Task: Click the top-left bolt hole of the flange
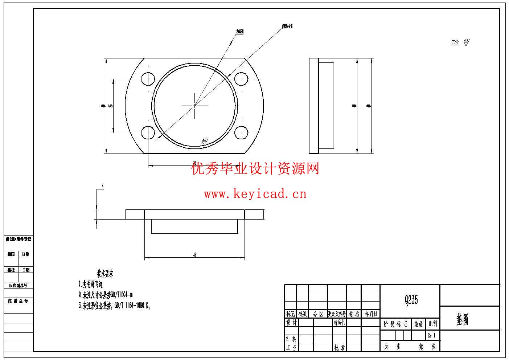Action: click(148, 79)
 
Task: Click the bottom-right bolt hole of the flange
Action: click(241, 132)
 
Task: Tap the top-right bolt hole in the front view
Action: click(241, 79)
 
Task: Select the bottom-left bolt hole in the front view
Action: click(148, 132)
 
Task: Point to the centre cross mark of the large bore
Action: click(195, 105)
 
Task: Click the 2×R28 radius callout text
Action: click(240, 32)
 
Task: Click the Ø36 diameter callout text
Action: click(287, 26)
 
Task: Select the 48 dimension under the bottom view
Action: click(195, 255)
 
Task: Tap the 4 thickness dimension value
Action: click(103, 186)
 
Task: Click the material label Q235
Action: click(411, 300)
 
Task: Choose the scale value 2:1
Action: click(432, 335)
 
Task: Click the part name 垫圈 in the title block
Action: click(463, 320)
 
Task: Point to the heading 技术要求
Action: click(105, 274)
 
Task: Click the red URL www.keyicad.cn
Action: click(255, 194)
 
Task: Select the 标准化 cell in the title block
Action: click(339, 322)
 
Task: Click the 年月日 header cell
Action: click(371, 314)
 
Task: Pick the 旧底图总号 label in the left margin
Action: click(19, 286)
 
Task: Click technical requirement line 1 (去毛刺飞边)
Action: click(91, 284)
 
